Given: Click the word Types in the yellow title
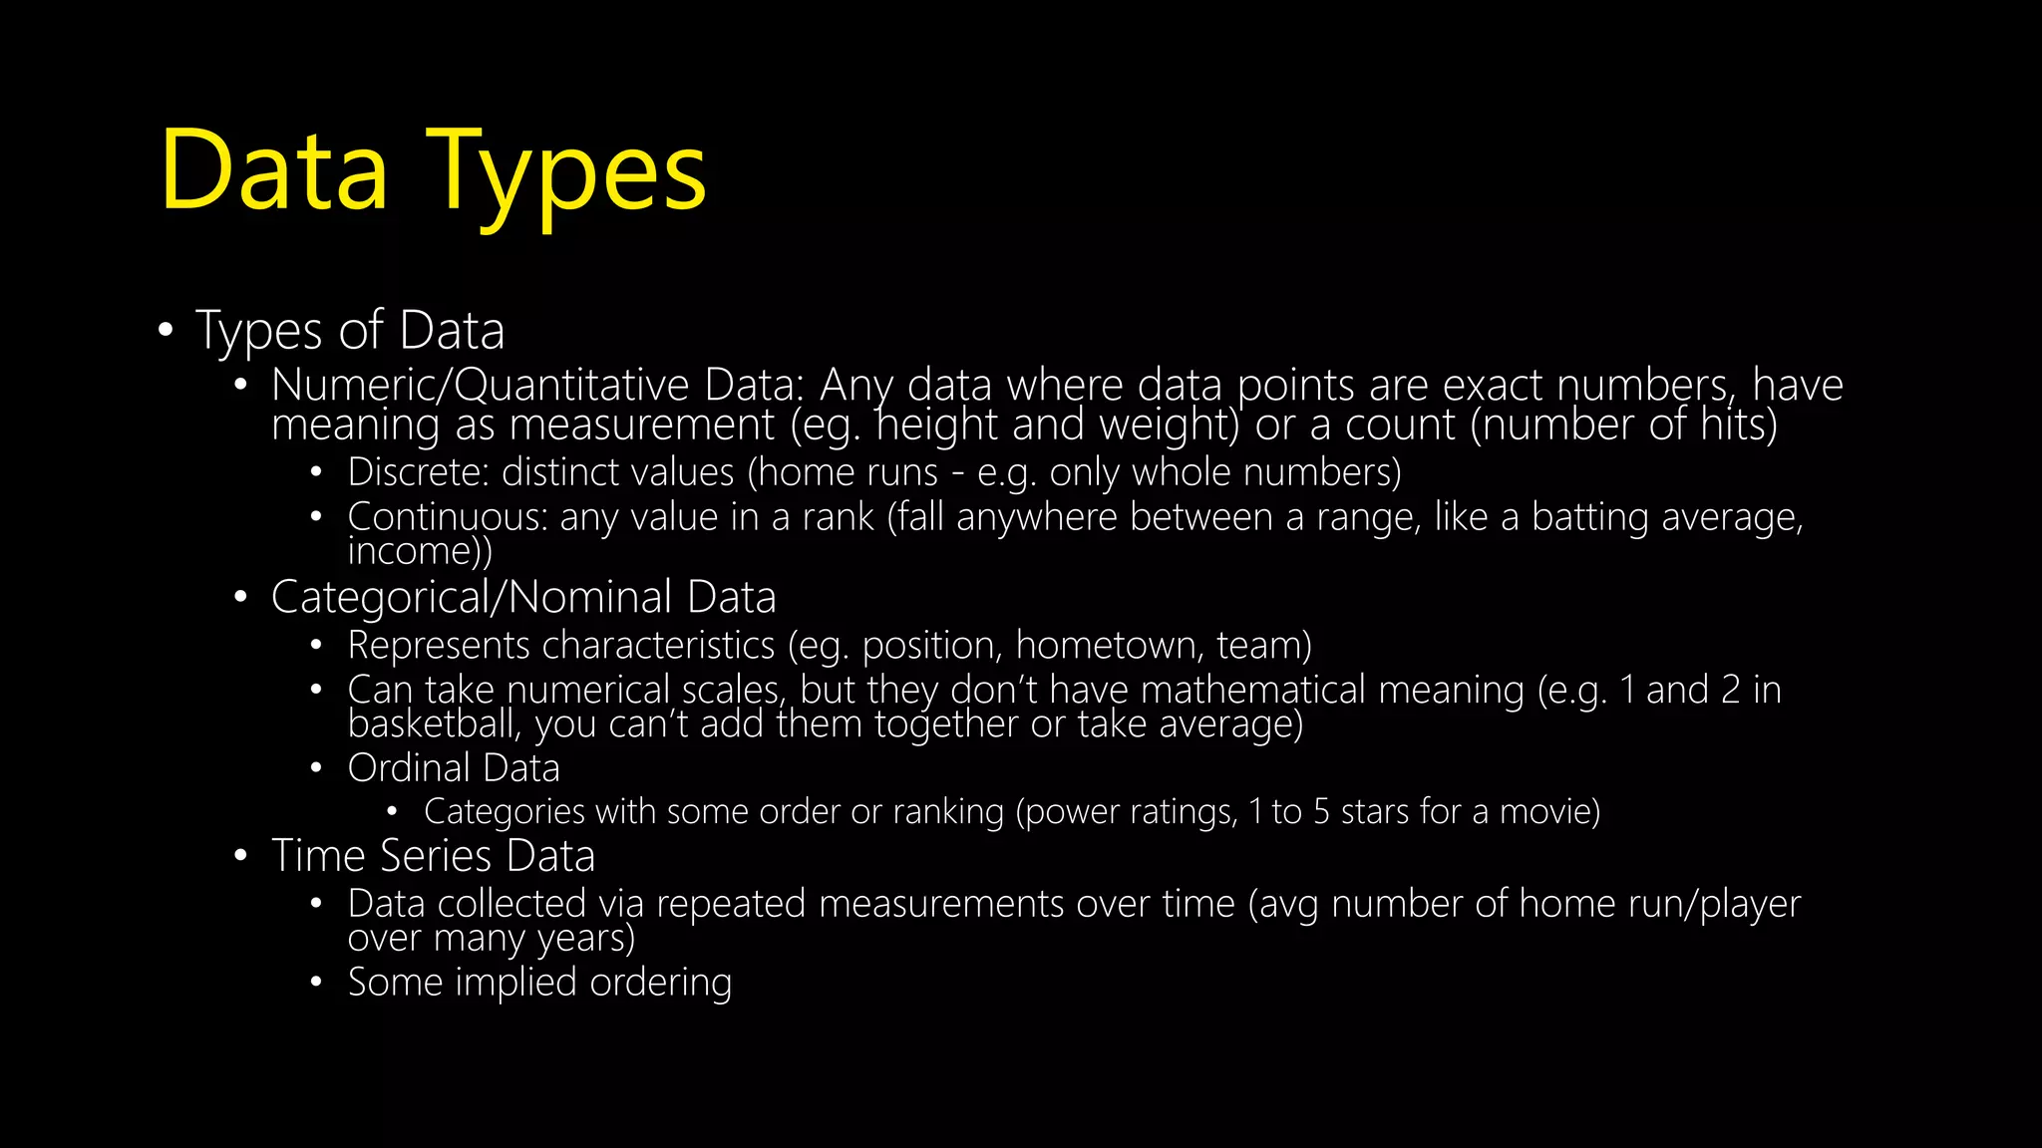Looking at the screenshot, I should (x=566, y=171).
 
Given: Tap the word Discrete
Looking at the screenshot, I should (x=418, y=472).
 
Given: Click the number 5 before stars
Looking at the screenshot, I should (x=1321, y=812).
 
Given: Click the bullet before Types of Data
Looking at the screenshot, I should (x=166, y=330).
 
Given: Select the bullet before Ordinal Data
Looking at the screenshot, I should (x=316, y=768).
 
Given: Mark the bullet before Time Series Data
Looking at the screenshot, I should (x=240, y=856).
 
